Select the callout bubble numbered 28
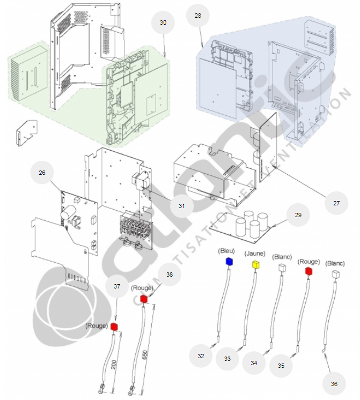tap(198, 16)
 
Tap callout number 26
tap(42, 173)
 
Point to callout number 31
tap(181, 206)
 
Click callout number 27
tap(336, 204)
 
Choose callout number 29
tap(298, 215)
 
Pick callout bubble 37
tap(116, 286)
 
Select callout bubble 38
tap(170, 274)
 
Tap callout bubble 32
tap(201, 356)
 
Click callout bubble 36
tap(334, 384)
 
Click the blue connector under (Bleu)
tap(229, 261)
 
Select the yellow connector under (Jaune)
tap(256, 264)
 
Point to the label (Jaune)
tap(255, 253)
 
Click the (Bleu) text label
tap(226, 251)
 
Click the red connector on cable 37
tap(114, 326)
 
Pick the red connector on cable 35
tap(308, 271)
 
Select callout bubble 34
tap(254, 363)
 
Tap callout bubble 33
tap(227, 359)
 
